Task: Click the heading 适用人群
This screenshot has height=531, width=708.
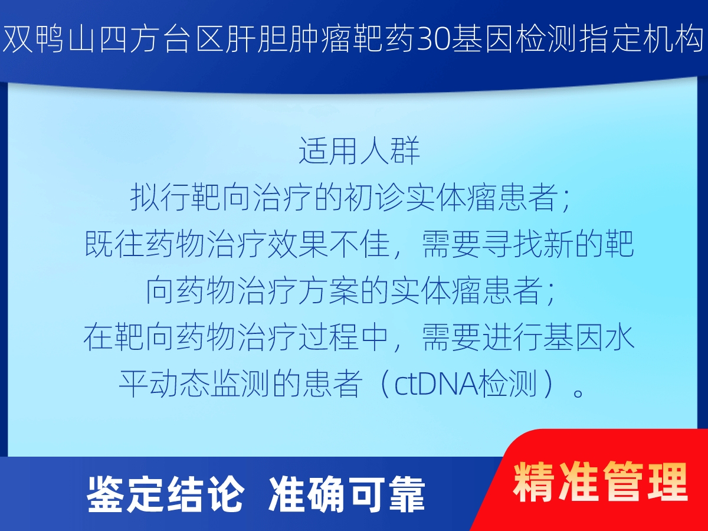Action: tap(359, 150)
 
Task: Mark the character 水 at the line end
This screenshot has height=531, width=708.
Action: tap(620, 337)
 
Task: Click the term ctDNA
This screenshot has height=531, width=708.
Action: tap(436, 384)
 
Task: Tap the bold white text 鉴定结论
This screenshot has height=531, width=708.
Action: tap(165, 494)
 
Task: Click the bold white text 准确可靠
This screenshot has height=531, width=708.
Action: tap(347, 494)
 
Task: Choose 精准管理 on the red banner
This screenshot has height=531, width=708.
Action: tap(600, 482)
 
